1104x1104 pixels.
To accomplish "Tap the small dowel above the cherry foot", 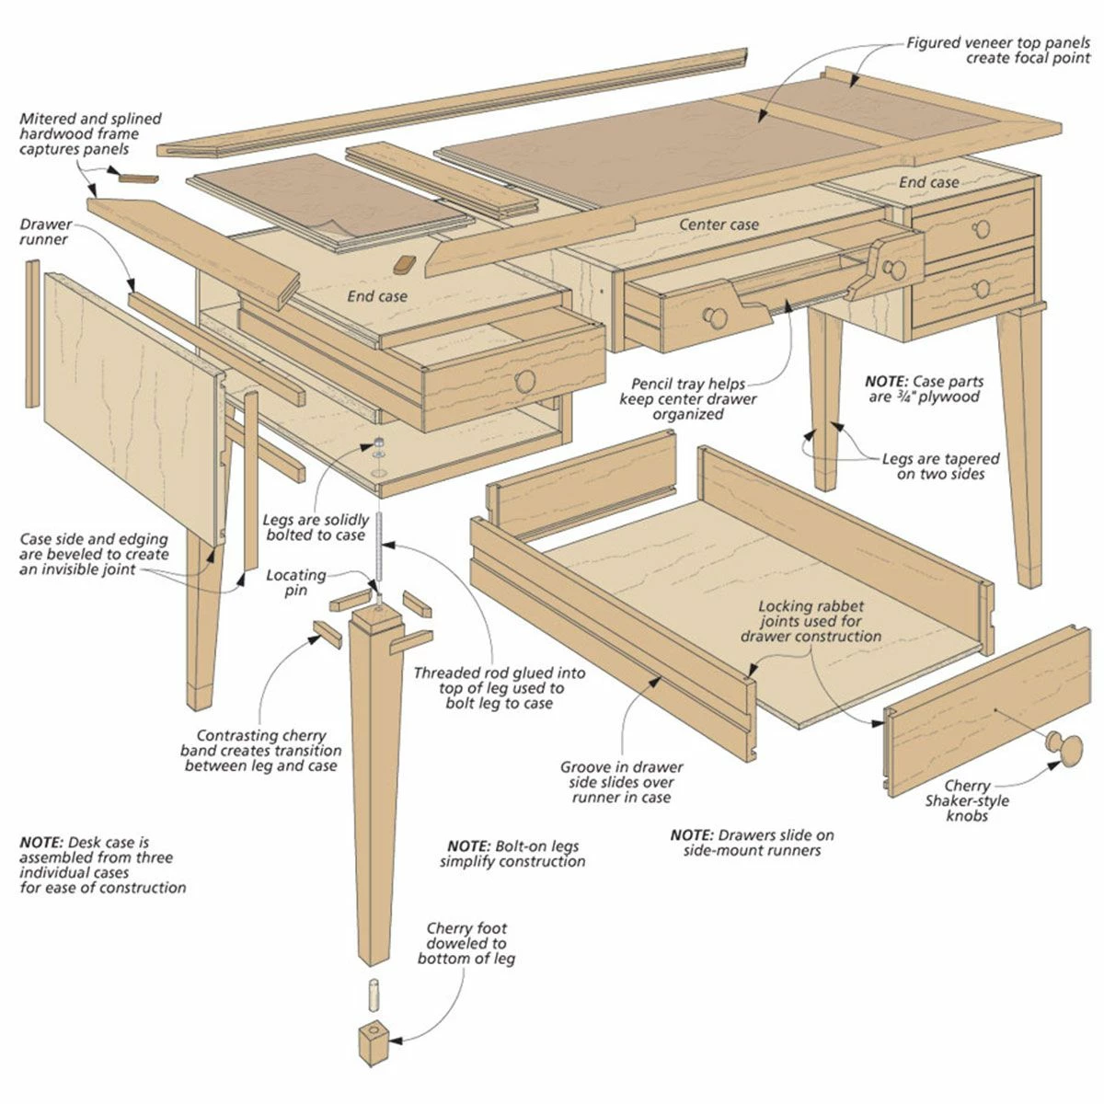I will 375,995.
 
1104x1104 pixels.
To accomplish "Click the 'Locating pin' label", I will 296,582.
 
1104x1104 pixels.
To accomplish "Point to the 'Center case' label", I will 719,224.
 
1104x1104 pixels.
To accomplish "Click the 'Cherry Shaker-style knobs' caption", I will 966,800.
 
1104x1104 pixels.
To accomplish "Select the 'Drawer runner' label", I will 44,232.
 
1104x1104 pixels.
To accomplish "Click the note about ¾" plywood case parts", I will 924,388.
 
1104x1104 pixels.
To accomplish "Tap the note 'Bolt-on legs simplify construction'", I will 512,854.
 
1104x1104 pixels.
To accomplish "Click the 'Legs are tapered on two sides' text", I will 940,466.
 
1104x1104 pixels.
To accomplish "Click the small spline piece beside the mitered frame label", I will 139,176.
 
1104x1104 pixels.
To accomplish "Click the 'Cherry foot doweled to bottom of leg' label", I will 466,943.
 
